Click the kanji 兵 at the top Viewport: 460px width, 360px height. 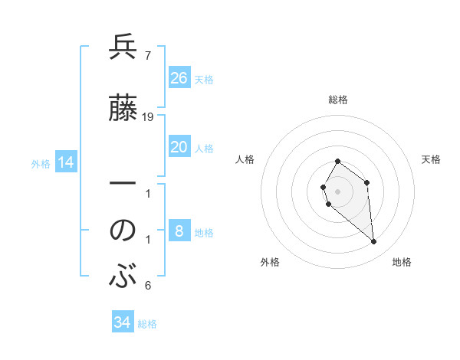123,48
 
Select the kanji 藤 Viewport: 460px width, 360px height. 123,108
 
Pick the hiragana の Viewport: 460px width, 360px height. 123,230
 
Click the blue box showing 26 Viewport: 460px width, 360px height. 179,78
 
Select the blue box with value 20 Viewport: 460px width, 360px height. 179,147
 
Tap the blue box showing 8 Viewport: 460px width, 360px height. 179,231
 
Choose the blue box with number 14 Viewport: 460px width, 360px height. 65,162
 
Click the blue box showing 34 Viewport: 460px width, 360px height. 123,322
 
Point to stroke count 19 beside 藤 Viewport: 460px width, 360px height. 148,116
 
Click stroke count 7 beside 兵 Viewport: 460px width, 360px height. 147,56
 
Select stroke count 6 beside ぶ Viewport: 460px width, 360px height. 147,286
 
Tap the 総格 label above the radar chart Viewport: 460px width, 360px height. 338,100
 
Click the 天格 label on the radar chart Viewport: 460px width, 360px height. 432,159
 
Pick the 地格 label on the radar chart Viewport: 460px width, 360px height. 402,262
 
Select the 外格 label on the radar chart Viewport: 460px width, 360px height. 270,262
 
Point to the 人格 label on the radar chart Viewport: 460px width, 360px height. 245,159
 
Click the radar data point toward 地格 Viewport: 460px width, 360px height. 374,242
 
